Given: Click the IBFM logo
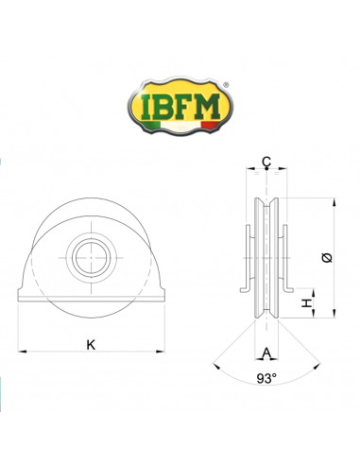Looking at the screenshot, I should click(180, 100).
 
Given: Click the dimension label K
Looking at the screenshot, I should click(91, 343).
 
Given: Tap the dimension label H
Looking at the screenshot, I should click(305, 303).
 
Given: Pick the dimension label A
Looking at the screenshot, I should click(266, 353).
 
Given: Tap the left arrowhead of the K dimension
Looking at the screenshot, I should click(19, 353).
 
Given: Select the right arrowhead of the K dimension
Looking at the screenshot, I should click(162, 353).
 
